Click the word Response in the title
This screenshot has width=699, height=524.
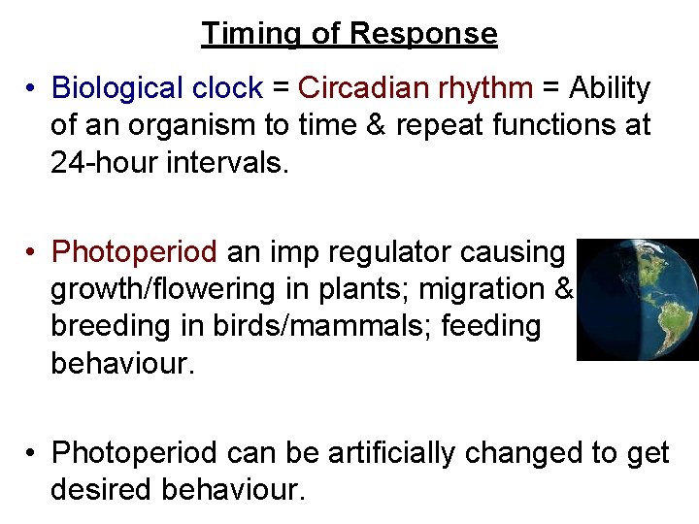[422, 34]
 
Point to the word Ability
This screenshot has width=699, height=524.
[609, 89]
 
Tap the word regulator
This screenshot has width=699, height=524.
[399, 252]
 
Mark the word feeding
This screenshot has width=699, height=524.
[492, 326]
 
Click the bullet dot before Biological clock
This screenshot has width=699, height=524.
[32, 89]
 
